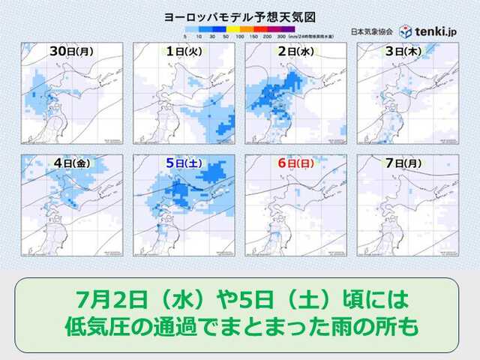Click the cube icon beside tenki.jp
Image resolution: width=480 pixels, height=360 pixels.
click(405, 31)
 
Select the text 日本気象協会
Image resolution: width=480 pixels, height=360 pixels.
click(370, 31)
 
